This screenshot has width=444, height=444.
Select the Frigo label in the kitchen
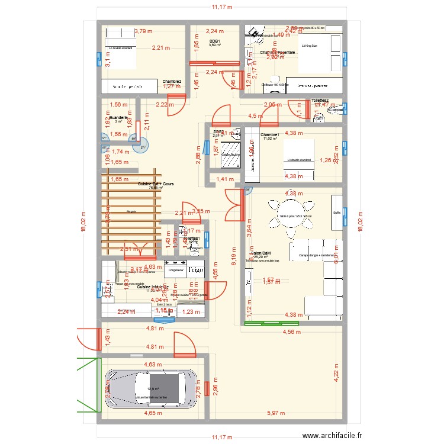click(196, 269)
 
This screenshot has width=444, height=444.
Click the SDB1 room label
click(214, 41)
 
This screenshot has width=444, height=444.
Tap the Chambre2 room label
click(172, 82)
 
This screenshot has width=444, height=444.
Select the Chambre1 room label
click(269, 134)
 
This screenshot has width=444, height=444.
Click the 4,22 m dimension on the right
click(337, 377)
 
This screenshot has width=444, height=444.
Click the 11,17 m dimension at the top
click(222, 7)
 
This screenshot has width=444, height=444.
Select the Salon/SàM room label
click(261, 253)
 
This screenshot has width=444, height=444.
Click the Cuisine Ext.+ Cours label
click(156, 184)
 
